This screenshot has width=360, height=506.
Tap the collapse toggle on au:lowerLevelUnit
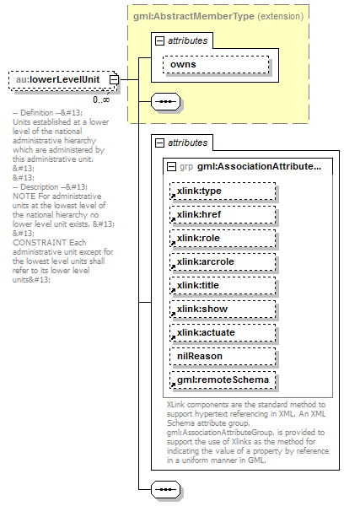coord(114,80)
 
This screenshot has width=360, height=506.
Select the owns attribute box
coord(216,65)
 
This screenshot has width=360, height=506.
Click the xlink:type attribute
coord(223,191)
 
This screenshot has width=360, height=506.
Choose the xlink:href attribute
coord(223,214)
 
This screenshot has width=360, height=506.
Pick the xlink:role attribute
coord(223,238)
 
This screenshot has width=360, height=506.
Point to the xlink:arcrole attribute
coord(223,261)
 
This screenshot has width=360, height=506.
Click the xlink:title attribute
coord(223,286)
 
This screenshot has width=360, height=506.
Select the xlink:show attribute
coord(223,310)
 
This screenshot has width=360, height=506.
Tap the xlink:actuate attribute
coord(223,333)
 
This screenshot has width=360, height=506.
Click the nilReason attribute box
coord(223,356)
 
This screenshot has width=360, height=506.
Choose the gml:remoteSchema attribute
coord(223,379)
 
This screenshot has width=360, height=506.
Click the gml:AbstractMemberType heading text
coord(194,17)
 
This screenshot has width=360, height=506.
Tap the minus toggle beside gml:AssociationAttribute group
coord(171,166)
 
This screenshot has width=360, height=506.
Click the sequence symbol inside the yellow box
coord(166,102)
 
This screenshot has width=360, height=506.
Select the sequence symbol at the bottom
coord(166,489)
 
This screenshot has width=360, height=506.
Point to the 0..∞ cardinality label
coord(101,100)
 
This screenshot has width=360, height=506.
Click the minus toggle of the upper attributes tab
coord(159,41)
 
